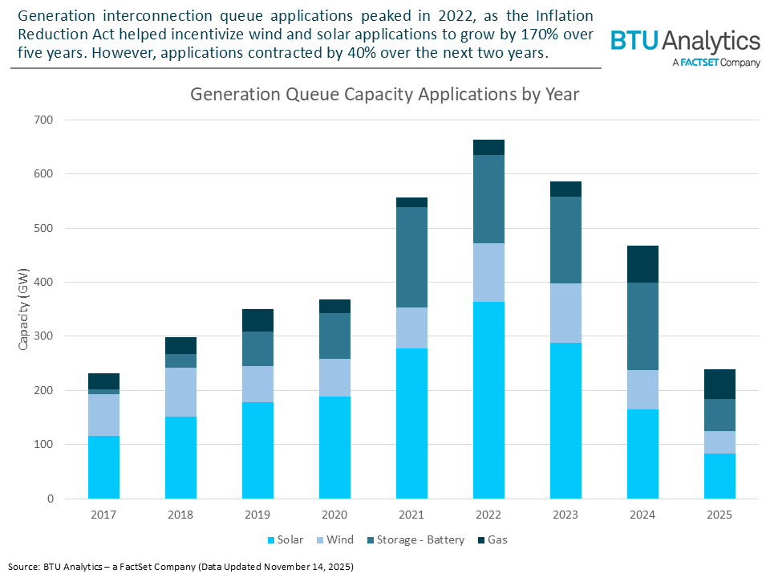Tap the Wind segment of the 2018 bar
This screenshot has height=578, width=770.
coord(180,392)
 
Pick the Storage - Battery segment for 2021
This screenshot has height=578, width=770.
coord(411,257)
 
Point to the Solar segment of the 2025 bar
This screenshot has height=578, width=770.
coord(719,476)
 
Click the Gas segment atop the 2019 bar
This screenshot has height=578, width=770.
coord(257,320)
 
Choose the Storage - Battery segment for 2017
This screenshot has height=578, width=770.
coord(103,392)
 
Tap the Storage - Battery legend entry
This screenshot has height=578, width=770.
coord(418,539)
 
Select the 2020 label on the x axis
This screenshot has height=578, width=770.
coord(334,515)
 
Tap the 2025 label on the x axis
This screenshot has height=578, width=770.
coord(719,515)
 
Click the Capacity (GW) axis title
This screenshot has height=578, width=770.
coord(25,309)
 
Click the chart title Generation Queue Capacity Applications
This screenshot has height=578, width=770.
coord(384,94)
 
